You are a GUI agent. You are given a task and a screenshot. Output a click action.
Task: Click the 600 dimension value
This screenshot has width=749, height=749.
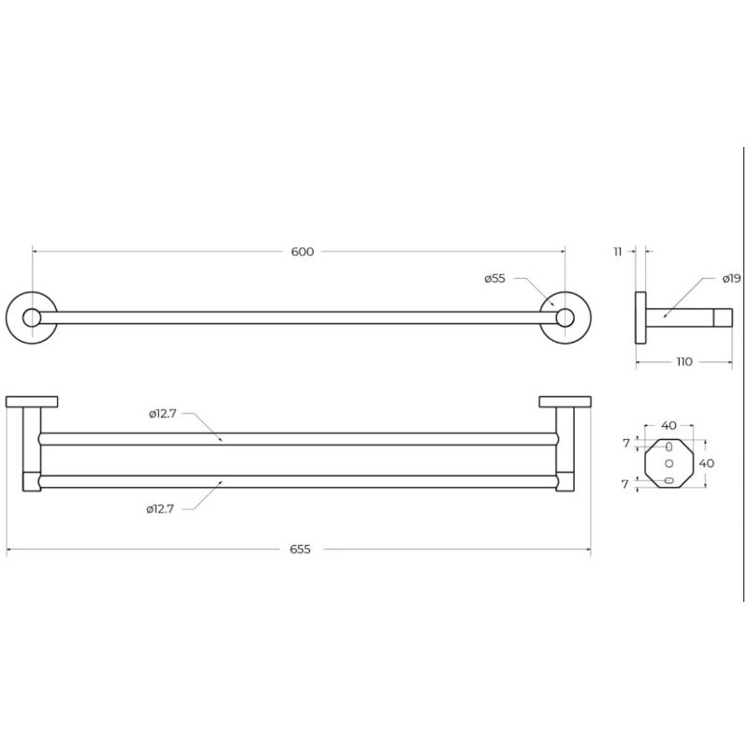click(x=302, y=252)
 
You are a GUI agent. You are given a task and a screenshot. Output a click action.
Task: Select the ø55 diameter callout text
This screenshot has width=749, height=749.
click(x=494, y=278)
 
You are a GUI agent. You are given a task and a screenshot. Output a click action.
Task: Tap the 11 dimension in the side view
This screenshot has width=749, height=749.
click(x=618, y=252)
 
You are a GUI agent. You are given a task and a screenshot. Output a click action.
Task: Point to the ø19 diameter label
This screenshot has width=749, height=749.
click(x=731, y=278)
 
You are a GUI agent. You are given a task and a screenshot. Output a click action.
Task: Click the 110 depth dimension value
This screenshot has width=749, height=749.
click(x=684, y=362)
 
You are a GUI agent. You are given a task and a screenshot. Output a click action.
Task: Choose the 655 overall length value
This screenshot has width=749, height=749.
click(x=300, y=550)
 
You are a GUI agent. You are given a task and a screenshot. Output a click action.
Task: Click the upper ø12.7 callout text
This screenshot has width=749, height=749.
click(x=162, y=414)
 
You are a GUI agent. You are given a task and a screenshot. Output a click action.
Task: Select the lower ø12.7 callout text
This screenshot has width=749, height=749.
click(x=160, y=509)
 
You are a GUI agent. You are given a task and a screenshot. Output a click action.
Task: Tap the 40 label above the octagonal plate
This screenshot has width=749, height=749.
click(x=668, y=425)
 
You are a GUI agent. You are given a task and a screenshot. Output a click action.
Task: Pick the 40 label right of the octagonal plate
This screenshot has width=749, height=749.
click(x=707, y=463)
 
